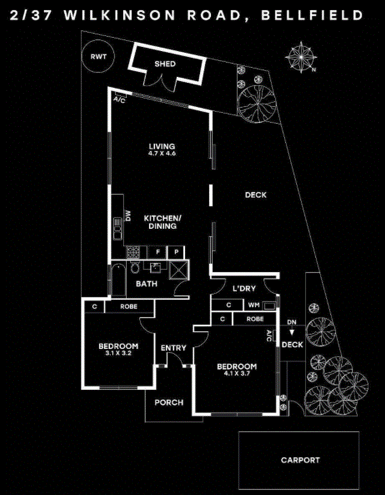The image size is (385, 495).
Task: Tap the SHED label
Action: (x=165, y=64)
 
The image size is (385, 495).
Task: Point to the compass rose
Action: (x=301, y=58)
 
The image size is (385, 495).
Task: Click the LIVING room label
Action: (x=162, y=147)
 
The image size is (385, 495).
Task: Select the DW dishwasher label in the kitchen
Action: (x=128, y=216)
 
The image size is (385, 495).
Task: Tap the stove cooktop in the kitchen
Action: (x=133, y=252)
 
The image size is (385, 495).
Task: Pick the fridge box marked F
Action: (x=157, y=252)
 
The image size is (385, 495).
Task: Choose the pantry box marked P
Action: (x=177, y=252)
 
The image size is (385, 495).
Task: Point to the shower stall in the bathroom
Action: (x=178, y=270)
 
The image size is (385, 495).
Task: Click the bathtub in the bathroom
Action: (x=118, y=281)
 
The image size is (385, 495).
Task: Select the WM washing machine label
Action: (x=253, y=305)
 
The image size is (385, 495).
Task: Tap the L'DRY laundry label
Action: (x=244, y=288)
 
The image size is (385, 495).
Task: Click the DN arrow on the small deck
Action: (x=292, y=332)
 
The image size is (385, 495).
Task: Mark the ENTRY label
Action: (x=173, y=348)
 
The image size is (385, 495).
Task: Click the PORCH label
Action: (x=169, y=402)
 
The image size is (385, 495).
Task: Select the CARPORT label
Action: (x=300, y=460)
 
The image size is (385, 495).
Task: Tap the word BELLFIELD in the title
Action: (x=312, y=16)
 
